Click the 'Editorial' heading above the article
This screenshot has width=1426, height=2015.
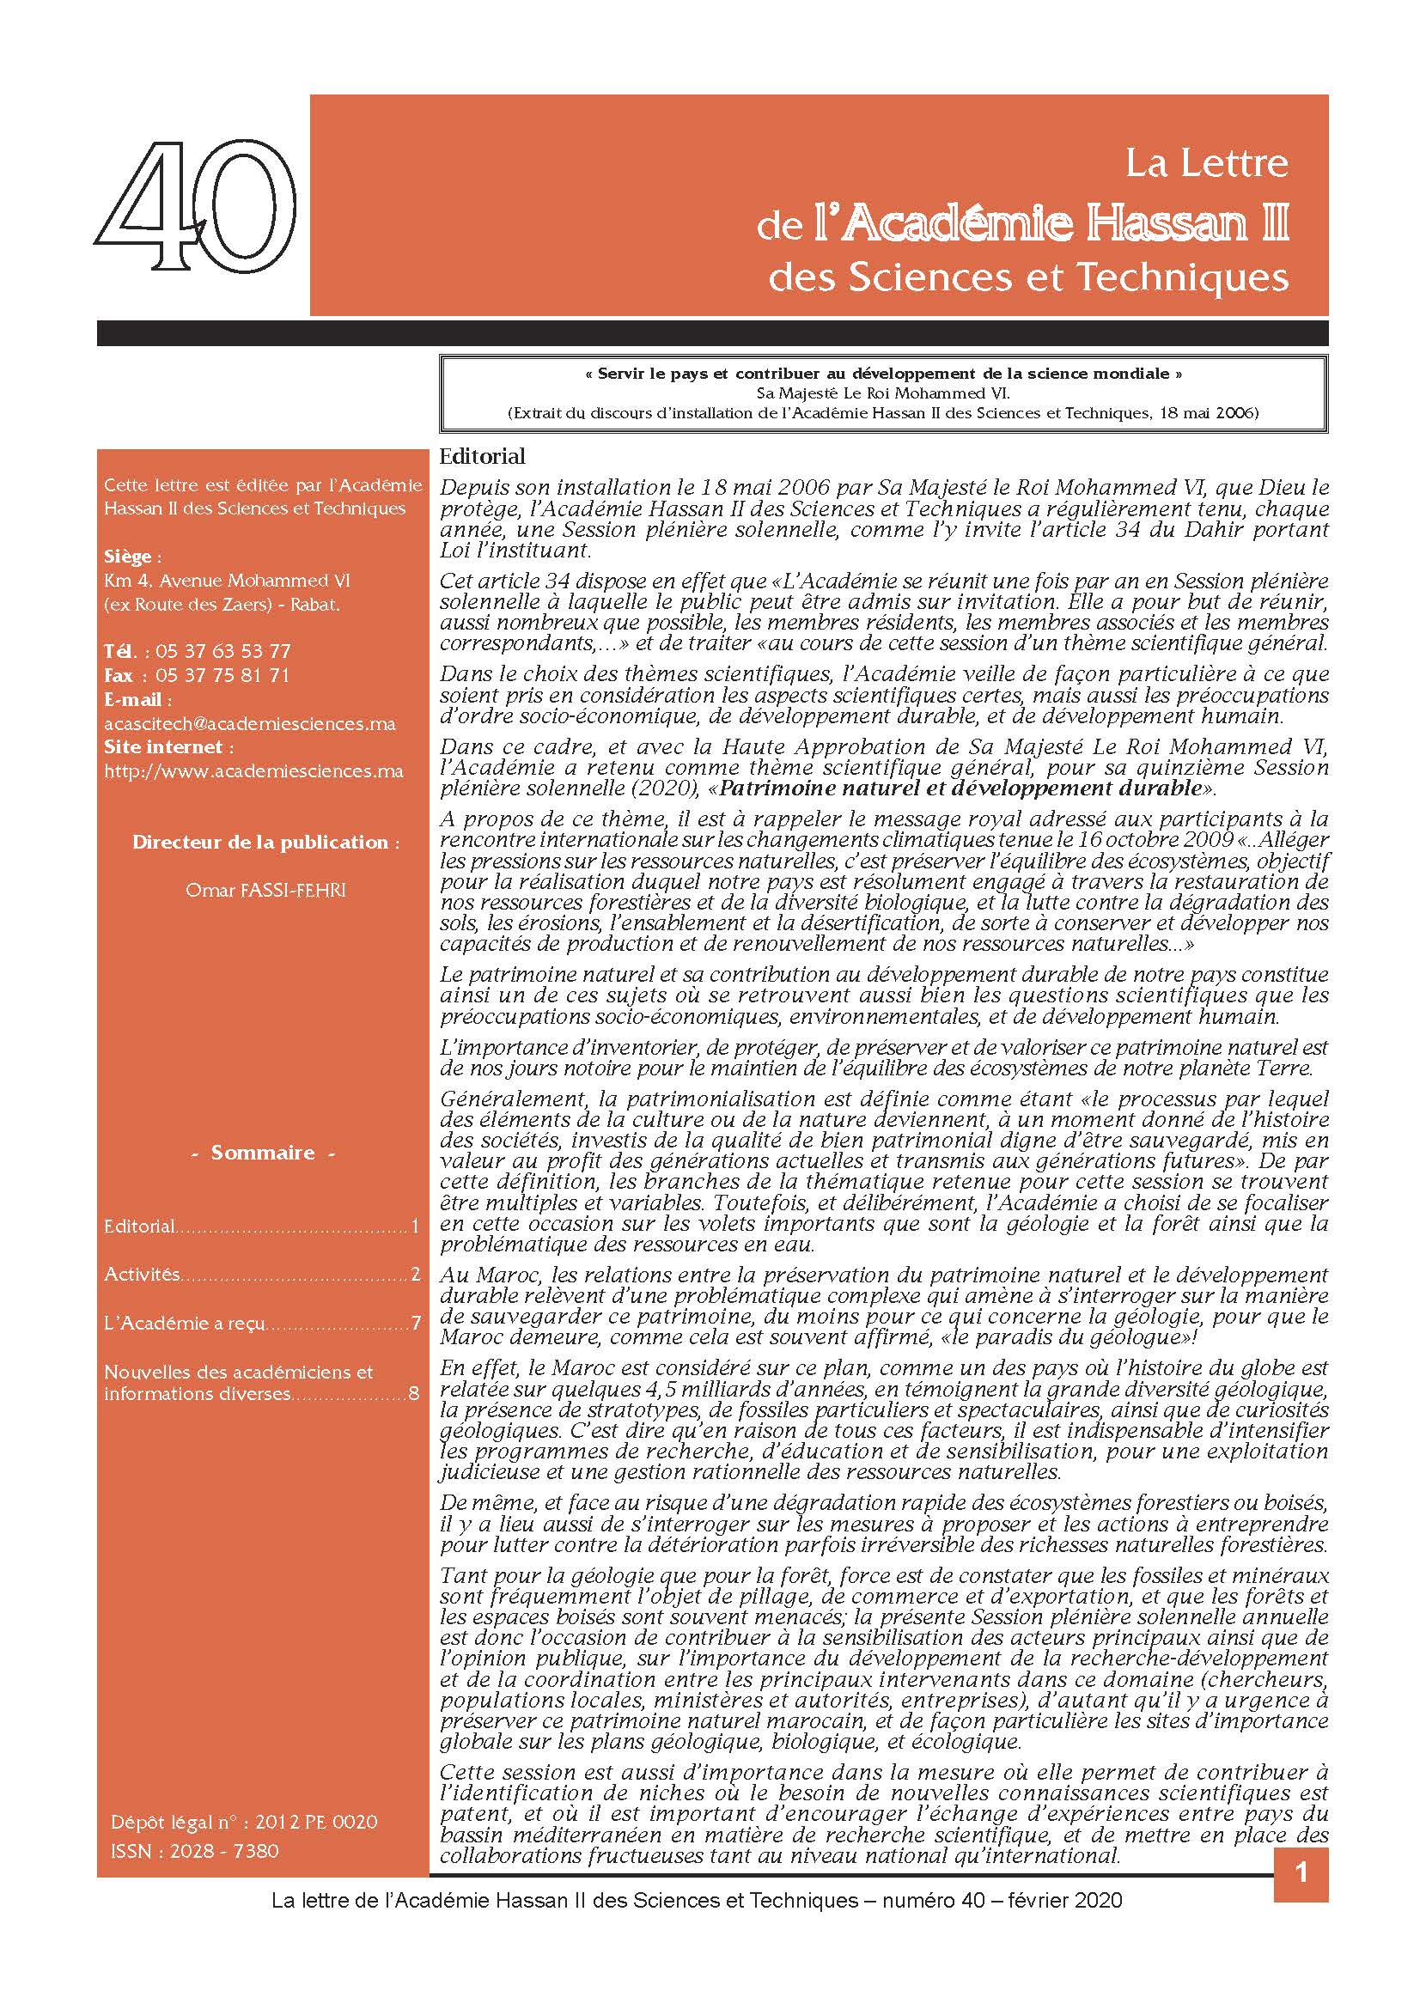click(482, 457)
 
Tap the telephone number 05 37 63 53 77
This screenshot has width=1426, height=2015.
click(223, 651)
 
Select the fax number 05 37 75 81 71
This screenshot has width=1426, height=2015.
click(222, 675)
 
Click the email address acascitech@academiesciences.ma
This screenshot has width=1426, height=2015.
click(249, 723)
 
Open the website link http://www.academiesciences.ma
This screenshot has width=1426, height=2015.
click(253, 771)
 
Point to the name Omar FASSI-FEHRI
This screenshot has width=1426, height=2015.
click(265, 891)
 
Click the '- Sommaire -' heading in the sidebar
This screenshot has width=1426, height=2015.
click(263, 1153)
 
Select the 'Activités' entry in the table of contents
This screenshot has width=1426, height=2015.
click(143, 1274)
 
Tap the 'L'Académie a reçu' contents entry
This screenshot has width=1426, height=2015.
click(185, 1323)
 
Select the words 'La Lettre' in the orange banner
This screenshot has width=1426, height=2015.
click(1206, 163)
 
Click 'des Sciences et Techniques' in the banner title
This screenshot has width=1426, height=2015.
click(1028, 277)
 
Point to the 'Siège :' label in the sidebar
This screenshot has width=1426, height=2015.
click(132, 557)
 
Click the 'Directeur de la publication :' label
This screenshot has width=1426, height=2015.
click(265, 842)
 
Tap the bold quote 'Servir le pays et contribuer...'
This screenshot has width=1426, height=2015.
click(883, 374)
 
